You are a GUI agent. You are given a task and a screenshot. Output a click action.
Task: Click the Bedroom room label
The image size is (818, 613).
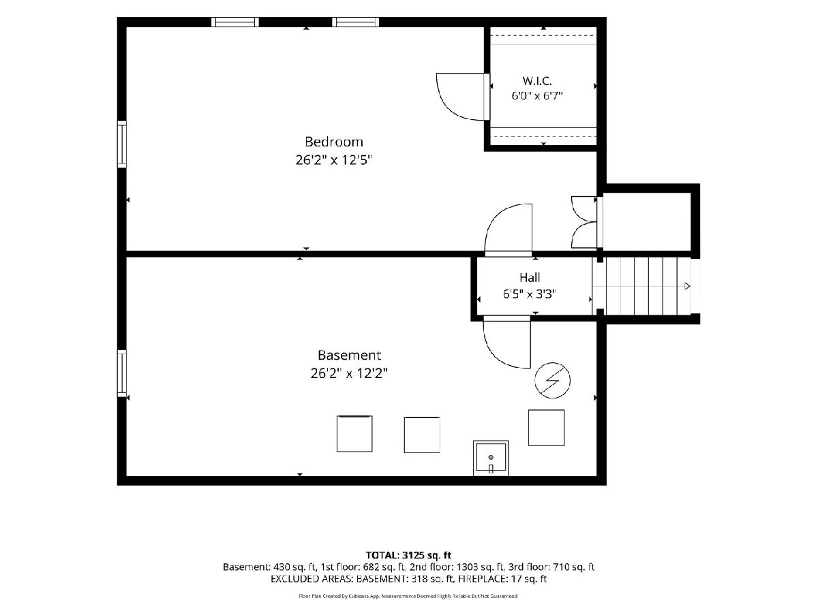[x=333, y=142]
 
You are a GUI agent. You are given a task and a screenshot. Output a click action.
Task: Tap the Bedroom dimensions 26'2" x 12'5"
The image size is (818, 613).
[x=334, y=160]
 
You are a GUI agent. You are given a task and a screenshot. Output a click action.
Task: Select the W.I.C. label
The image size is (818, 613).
[x=536, y=81]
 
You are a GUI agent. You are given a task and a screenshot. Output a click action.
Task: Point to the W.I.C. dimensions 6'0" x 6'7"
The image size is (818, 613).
[x=536, y=95]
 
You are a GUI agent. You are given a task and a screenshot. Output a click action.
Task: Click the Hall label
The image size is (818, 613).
[x=530, y=277]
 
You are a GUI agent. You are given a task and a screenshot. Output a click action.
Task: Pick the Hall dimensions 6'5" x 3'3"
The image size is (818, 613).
[x=530, y=294]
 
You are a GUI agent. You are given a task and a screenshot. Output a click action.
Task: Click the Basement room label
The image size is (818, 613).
[x=349, y=355]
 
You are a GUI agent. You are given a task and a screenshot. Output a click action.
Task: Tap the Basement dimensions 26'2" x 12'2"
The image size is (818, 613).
[x=349, y=373]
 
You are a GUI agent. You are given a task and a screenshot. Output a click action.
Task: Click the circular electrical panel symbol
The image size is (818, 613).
[x=552, y=380]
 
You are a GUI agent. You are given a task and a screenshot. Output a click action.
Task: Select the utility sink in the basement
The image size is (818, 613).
[x=491, y=458]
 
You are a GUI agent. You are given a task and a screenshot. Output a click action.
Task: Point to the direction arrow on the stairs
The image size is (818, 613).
[x=687, y=286]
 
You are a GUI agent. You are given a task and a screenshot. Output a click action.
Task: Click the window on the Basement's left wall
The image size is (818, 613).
[x=122, y=373]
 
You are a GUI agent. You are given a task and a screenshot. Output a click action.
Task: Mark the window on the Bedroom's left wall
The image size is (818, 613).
[x=122, y=144]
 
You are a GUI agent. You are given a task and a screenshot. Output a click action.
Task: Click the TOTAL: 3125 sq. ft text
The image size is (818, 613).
[x=408, y=555]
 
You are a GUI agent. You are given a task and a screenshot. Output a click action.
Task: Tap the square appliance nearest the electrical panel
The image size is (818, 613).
[x=546, y=428]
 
